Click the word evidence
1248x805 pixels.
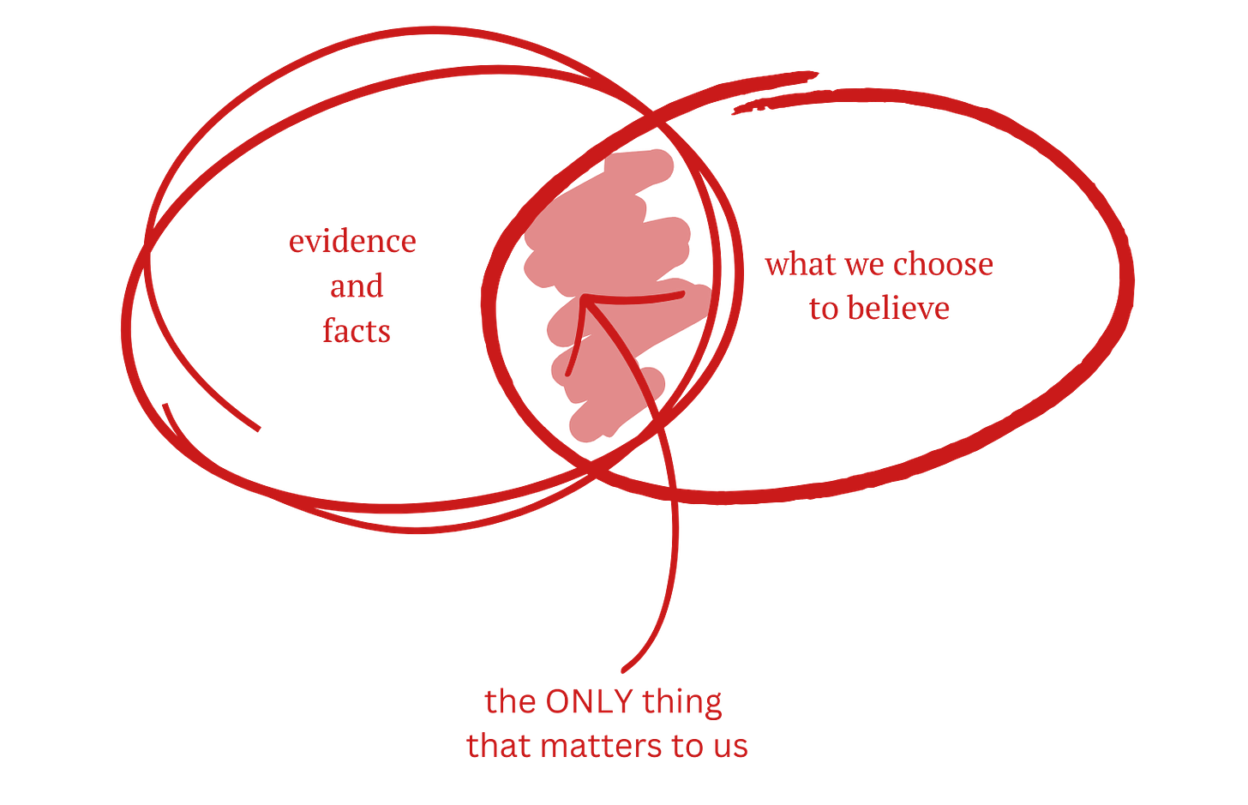point(352,243)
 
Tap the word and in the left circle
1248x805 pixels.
point(357,286)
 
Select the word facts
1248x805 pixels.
point(357,331)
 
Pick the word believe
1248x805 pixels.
point(900,308)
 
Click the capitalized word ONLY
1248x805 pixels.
point(588,703)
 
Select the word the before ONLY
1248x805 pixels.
point(511,703)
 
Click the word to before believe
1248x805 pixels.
point(824,309)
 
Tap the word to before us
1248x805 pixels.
point(687,747)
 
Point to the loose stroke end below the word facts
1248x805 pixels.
point(259,428)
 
